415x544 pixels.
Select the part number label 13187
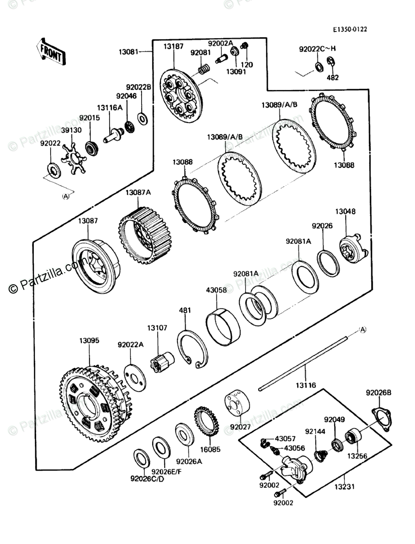(x=173, y=46)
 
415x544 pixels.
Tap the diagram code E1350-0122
(x=350, y=29)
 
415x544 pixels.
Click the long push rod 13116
(x=306, y=362)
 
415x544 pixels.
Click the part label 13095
(x=89, y=340)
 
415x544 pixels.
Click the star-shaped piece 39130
(x=74, y=159)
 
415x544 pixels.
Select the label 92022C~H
(x=317, y=48)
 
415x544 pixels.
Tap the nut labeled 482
(x=331, y=62)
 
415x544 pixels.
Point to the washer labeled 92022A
(x=135, y=376)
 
